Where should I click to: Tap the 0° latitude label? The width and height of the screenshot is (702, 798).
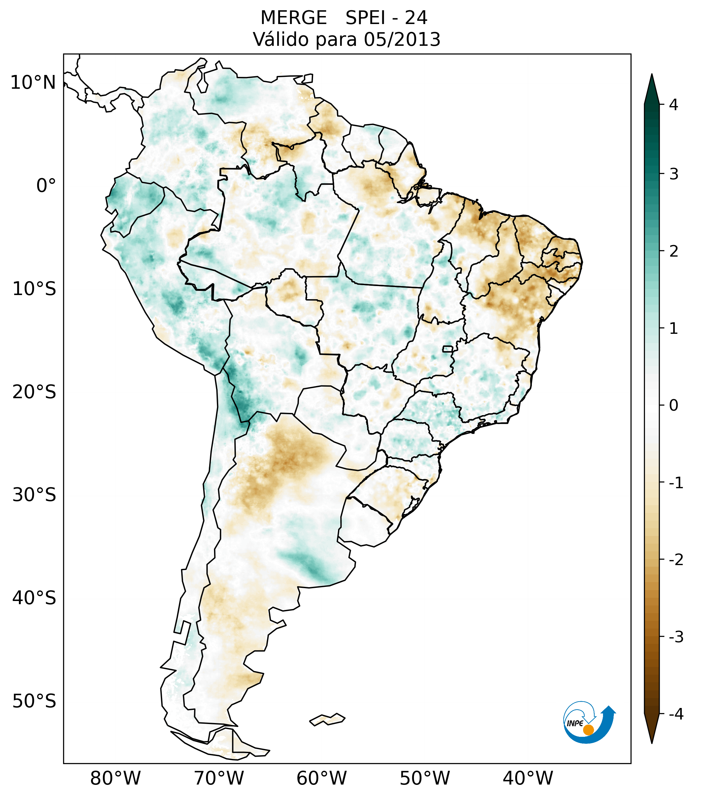pyautogui.click(x=46, y=186)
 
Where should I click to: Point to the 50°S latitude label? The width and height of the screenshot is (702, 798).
pyautogui.click(x=34, y=702)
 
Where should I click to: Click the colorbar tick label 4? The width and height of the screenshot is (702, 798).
pyautogui.click(x=673, y=105)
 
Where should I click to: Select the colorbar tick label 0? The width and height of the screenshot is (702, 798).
pyautogui.click(x=673, y=405)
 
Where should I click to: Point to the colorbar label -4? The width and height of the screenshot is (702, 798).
pyautogui.click(x=676, y=714)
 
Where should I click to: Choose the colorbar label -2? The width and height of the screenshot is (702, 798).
pyautogui.click(x=676, y=560)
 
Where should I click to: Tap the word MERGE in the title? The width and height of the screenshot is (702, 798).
pyautogui.click(x=293, y=18)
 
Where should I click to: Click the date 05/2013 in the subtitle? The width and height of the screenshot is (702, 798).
pyautogui.click(x=402, y=39)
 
